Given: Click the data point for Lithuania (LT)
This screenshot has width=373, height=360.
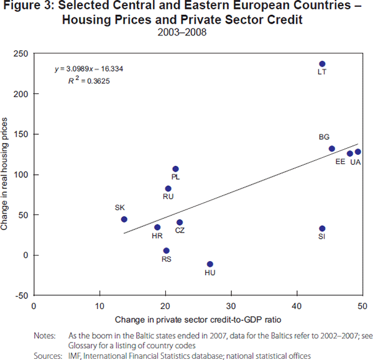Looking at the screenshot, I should [x=322, y=64].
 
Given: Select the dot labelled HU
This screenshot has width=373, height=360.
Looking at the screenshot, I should [x=210, y=264].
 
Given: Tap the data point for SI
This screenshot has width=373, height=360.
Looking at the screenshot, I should [x=322, y=229].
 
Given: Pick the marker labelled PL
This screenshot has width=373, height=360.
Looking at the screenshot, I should [x=176, y=169].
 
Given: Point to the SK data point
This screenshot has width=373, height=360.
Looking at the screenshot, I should [x=124, y=219].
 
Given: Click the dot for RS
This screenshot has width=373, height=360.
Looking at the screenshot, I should [x=166, y=251].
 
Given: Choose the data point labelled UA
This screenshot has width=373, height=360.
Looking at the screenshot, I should [x=358, y=152].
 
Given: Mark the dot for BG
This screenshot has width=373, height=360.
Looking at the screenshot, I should [x=332, y=149].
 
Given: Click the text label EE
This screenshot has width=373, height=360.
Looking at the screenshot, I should [x=340, y=162].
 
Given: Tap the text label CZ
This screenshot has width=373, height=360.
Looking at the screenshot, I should [x=180, y=231].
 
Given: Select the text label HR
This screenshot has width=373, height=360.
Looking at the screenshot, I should [x=157, y=236].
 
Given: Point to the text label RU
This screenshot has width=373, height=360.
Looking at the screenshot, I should [x=168, y=196].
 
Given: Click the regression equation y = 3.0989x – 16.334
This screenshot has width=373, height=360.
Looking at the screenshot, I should [x=88, y=68].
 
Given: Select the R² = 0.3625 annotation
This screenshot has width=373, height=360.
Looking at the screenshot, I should [x=90, y=80].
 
